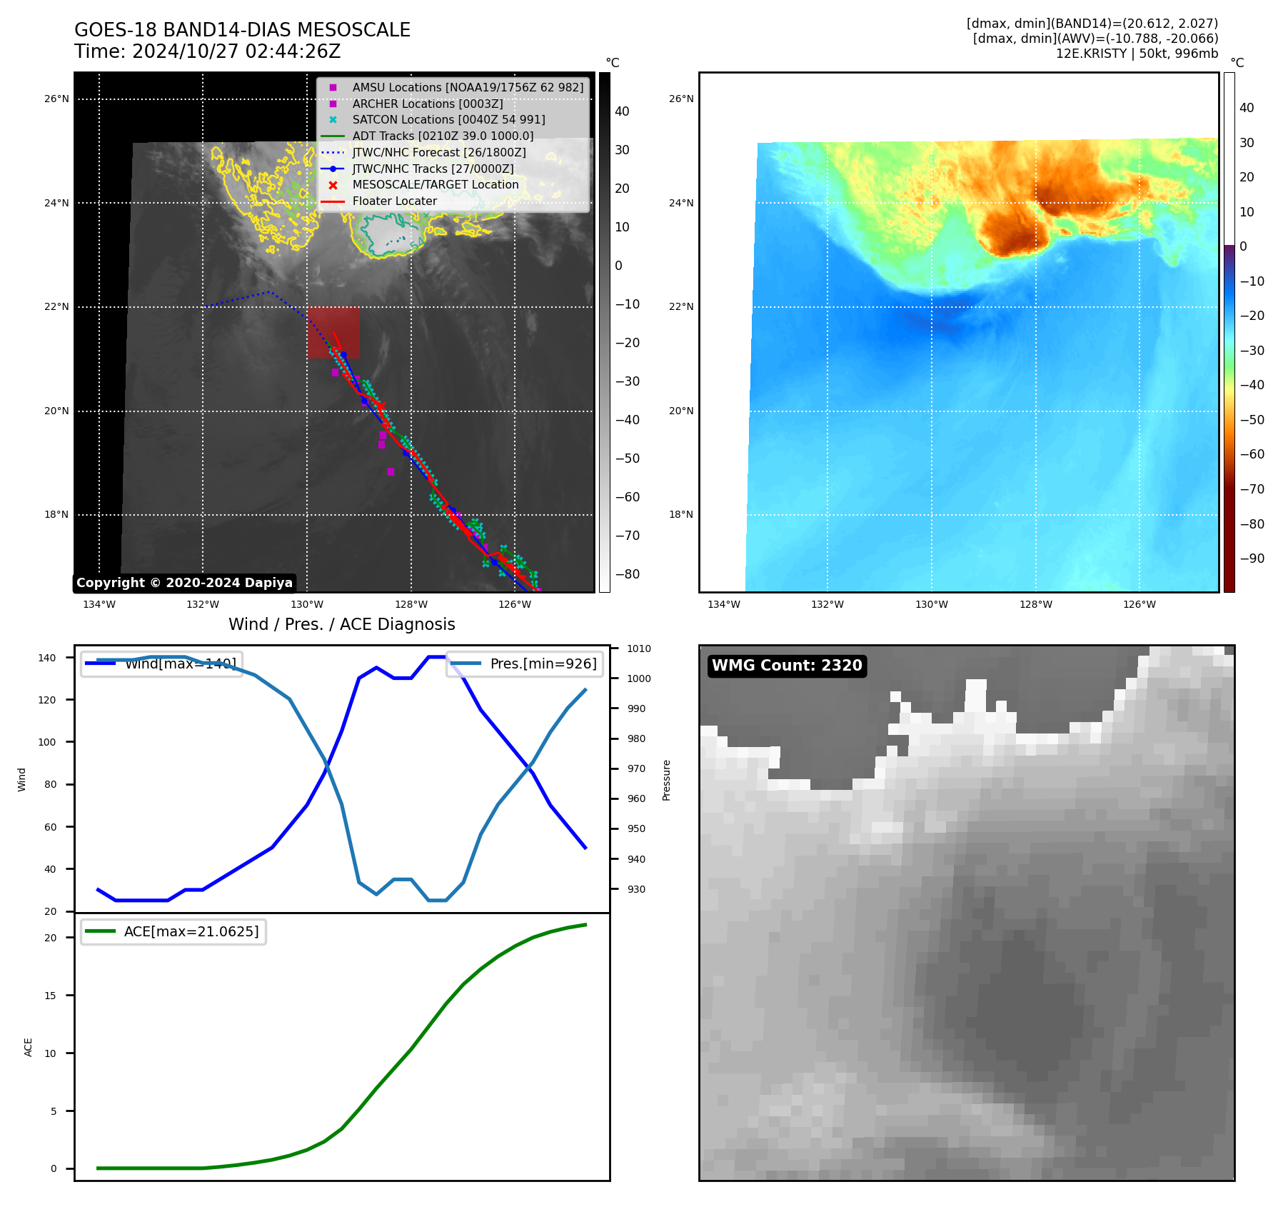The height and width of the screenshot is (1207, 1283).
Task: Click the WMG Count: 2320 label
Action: [787, 666]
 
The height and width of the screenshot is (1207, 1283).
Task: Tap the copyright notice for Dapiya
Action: [184, 583]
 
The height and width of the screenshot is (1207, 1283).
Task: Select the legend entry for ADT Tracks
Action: [443, 136]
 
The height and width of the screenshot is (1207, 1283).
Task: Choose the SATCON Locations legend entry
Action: [448, 119]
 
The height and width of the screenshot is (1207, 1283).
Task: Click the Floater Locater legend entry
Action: [394, 201]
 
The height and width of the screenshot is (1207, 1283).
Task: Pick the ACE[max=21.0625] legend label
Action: [191, 932]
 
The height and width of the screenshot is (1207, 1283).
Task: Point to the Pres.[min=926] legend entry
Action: [543, 663]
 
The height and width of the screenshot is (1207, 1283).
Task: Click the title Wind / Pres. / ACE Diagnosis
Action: [341, 624]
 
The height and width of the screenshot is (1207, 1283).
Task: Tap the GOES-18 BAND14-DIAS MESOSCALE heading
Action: [242, 30]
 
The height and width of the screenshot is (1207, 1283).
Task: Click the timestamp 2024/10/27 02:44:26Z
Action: [236, 52]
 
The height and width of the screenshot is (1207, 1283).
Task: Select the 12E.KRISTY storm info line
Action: [1137, 54]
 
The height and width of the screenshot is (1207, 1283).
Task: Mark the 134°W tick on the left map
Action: [99, 605]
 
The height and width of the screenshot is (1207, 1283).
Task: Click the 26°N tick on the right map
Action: [681, 99]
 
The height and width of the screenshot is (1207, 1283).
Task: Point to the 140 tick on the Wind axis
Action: [47, 658]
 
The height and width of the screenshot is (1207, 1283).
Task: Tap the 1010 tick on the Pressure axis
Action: [639, 648]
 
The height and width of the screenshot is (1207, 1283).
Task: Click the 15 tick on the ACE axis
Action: [50, 996]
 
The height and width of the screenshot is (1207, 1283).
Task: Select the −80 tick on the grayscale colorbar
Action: [628, 574]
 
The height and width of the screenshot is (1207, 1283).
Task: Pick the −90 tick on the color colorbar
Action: [1252, 559]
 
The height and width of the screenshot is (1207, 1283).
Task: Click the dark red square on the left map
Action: [333, 333]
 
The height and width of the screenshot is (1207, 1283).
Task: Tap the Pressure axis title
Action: [666, 780]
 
